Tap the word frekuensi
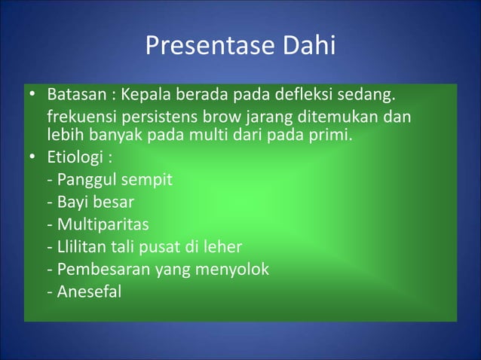click(81, 120)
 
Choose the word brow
click(213, 120)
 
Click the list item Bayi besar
click(90, 203)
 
